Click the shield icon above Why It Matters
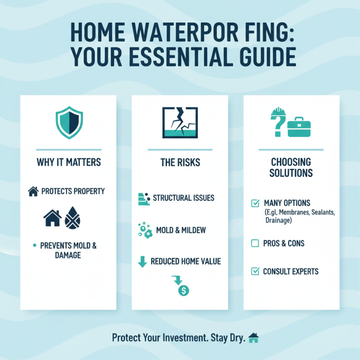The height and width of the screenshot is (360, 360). click(69, 122)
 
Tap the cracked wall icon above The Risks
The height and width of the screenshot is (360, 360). click(180, 122)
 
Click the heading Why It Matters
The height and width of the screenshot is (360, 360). click(68, 162)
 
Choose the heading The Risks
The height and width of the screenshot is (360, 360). click(180, 162)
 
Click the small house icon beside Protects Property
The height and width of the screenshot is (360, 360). click(33, 191)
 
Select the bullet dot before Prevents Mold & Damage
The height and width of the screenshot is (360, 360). click(34, 245)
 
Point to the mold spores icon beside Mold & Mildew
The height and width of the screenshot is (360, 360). click(144, 230)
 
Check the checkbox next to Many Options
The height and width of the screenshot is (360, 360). click(255, 203)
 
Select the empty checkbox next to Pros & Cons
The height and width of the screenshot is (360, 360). click(255, 243)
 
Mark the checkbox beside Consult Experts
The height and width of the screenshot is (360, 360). click(255, 271)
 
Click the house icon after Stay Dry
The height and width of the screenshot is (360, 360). click(254, 337)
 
